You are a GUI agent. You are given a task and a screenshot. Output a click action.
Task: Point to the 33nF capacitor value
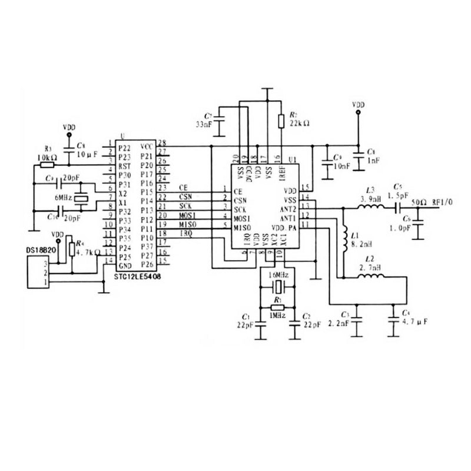[x=204, y=124]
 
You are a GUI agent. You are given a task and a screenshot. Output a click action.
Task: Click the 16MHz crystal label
[x=278, y=276]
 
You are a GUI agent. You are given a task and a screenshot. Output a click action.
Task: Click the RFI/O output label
[x=443, y=202]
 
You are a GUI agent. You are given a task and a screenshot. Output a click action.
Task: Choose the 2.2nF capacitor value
[x=340, y=323]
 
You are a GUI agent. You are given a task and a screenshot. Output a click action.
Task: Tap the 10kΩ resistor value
[x=47, y=158]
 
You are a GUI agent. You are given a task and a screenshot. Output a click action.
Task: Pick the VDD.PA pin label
[x=284, y=227]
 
